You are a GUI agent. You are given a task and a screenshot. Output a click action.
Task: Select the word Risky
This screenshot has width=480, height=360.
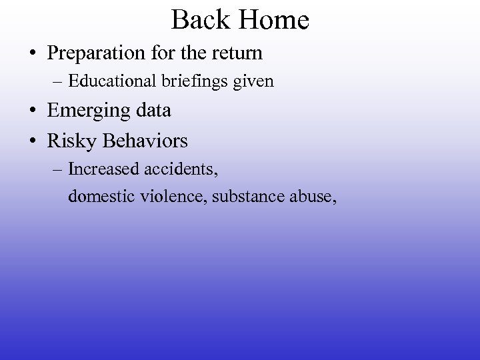[x=73, y=141]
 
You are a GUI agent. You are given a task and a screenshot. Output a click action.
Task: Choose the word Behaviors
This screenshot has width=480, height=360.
[x=145, y=141]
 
